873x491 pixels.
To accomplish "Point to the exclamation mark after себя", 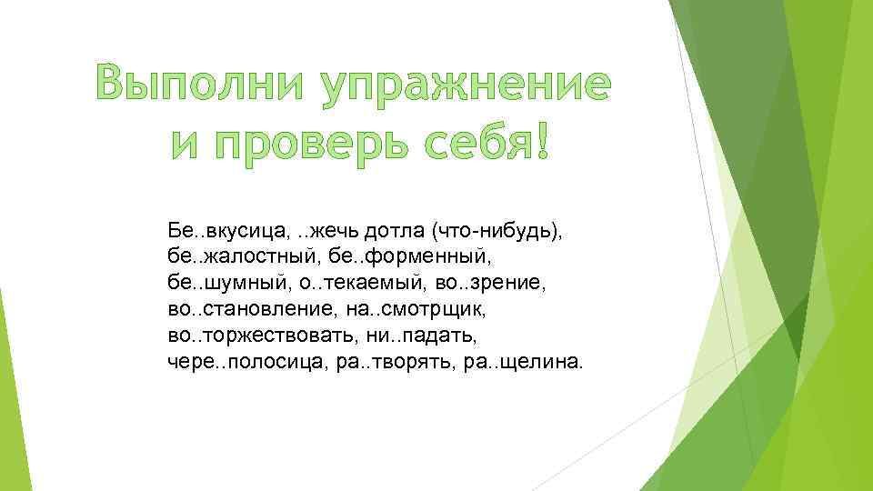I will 543,146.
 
